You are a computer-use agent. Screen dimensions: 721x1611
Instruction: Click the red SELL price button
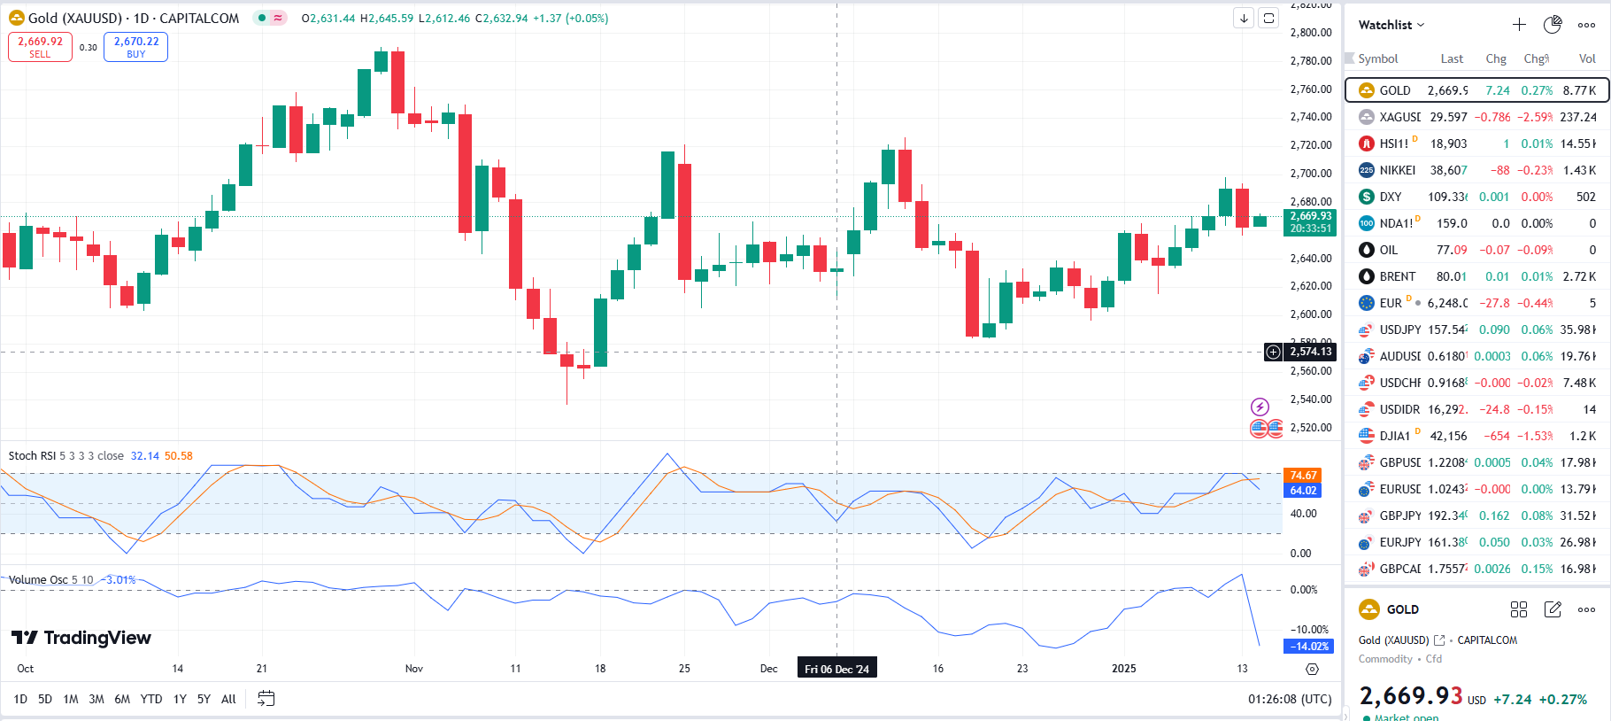click(x=40, y=47)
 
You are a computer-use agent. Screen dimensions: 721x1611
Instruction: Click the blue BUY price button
click(x=135, y=47)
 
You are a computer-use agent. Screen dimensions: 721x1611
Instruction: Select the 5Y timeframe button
click(x=204, y=699)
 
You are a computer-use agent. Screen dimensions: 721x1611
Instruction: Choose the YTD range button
click(x=151, y=699)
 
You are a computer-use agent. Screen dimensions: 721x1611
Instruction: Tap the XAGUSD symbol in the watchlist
click(x=1399, y=117)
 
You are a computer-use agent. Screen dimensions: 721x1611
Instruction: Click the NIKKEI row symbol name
click(x=1397, y=170)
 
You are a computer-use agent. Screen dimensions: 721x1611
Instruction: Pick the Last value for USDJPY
click(x=1448, y=329)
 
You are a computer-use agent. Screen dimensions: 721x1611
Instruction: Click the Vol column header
click(x=1586, y=58)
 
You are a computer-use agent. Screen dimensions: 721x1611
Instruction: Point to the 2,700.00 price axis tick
click(x=1310, y=174)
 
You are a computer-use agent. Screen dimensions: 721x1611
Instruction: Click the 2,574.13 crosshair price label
click(x=1310, y=352)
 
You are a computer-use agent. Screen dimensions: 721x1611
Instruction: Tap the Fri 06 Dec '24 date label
click(x=836, y=669)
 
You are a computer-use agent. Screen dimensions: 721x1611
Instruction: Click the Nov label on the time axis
click(x=413, y=669)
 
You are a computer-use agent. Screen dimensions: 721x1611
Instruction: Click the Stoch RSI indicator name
click(x=32, y=456)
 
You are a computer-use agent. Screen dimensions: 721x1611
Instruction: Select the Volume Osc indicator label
click(x=38, y=580)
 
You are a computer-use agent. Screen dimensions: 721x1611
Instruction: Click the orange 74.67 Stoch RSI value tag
click(x=1302, y=476)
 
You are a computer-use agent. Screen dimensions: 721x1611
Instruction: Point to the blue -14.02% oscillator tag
click(x=1307, y=647)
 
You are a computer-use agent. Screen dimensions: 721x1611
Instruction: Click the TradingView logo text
click(x=81, y=638)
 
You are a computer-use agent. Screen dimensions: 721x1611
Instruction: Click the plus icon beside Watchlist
click(x=1519, y=25)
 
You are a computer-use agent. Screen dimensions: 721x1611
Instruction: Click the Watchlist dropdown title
click(x=1391, y=25)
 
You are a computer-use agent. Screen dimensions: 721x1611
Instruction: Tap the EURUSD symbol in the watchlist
click(x=1399, y=489)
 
